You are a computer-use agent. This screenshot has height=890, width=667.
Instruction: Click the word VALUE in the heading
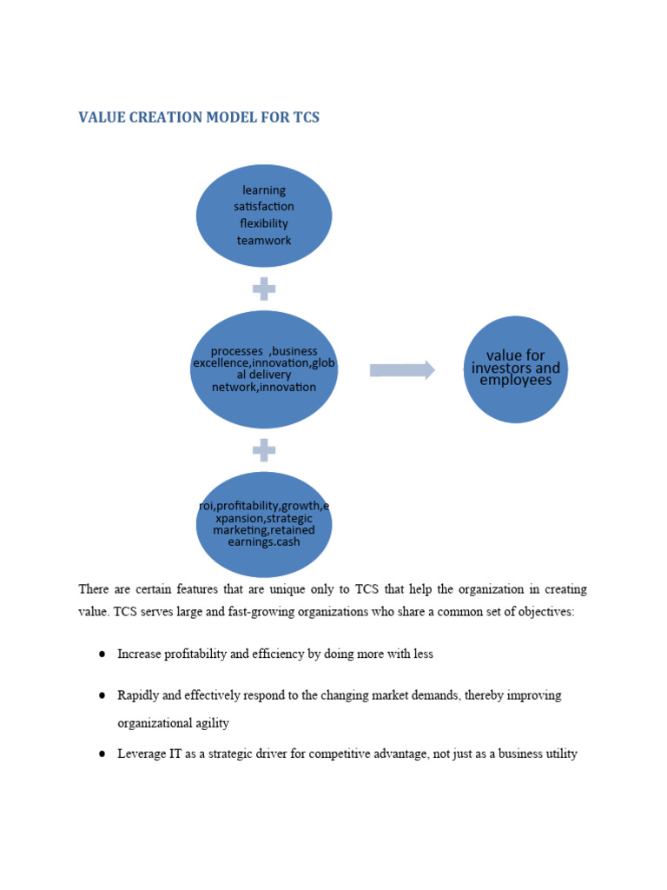[102, 117]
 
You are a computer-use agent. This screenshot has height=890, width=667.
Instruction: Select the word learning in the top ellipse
[264, 189]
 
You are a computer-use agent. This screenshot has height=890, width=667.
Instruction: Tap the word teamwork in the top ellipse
[264, 240]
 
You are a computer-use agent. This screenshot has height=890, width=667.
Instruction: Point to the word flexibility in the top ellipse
[264, 223]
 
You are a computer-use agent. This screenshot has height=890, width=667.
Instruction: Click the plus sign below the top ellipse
[264, 289]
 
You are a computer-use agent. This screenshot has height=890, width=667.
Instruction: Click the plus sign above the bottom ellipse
[264, 449]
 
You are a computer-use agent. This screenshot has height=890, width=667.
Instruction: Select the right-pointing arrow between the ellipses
[402, 370]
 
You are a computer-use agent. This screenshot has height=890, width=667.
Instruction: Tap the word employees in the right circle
[516, 381]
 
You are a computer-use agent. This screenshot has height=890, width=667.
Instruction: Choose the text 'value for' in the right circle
[516, 355]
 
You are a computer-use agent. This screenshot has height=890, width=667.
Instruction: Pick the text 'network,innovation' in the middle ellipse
[264, 387]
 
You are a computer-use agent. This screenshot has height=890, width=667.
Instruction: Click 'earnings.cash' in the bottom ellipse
[264, 541]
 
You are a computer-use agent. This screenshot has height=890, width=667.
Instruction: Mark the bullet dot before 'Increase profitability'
[102, 654]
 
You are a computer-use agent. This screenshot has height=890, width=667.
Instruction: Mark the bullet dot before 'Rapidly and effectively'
[102, 695]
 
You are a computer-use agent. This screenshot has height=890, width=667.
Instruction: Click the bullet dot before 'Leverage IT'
[102, 754]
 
